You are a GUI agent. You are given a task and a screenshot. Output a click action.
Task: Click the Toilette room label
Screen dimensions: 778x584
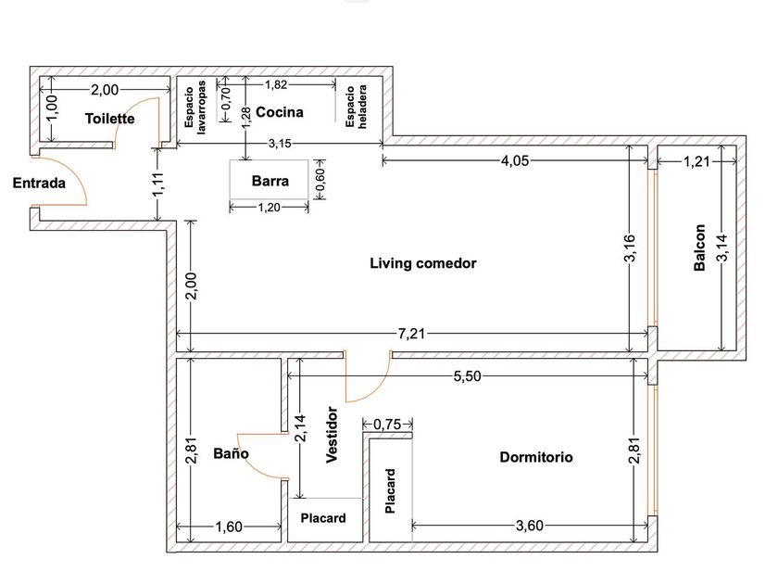[x=109, y=119]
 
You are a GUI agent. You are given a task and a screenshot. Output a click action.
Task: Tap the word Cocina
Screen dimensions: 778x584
[x=280, y=112]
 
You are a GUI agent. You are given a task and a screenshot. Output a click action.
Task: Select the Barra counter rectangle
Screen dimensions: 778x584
[x=269, y=180]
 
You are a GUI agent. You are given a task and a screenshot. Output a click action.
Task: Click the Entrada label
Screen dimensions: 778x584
[x=39, y=184]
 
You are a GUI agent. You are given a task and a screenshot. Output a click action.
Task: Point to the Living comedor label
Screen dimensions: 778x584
[x=423, y=263]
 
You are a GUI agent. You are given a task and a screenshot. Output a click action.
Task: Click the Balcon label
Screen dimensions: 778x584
[x=699, y=248]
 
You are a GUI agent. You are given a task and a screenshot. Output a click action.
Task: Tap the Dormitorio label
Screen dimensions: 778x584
[x=536, y=457]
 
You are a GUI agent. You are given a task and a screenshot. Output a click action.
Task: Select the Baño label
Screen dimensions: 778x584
[x=231, y=453]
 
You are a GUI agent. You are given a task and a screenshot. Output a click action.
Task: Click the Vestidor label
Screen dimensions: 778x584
[x=332, y=435]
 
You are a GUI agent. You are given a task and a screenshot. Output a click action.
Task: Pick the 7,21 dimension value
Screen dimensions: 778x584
[x=411, y=333]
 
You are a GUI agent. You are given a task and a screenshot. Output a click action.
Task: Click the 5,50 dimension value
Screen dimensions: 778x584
[x=467, y=376]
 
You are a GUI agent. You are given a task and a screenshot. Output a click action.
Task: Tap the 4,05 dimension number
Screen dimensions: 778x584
[x=515, y=160]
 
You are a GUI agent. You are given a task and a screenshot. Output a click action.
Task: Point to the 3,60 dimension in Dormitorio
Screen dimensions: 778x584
[x=530, y=526]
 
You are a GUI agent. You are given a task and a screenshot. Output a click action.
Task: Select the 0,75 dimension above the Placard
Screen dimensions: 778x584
[x=386, y=425]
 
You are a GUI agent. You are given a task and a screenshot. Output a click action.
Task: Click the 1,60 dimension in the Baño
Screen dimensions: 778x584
[x=229, y=527]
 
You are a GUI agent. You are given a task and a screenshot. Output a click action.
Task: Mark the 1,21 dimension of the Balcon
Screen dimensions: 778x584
[x=696, y=161]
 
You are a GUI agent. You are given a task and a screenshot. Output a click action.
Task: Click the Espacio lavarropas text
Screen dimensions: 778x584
[x=195, y=108]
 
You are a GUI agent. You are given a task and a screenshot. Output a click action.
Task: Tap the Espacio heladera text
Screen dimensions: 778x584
[x=357, y=107]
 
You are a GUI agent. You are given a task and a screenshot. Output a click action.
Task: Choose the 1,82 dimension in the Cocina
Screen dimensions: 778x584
[x=276, y=85]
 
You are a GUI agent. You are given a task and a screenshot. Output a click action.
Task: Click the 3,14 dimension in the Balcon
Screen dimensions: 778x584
[x=722, y=248]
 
